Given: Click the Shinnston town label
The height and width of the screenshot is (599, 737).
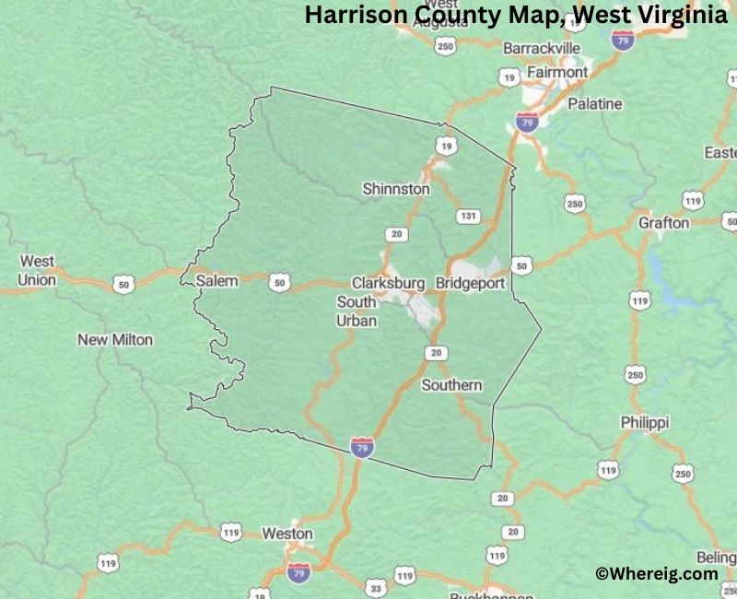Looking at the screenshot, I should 396,189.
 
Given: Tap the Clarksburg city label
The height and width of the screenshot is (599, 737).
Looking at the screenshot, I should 388,283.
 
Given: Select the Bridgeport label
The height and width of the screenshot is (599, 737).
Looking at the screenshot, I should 470,283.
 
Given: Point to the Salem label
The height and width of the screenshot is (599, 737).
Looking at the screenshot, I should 216,280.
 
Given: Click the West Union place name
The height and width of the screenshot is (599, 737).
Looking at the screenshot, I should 37,271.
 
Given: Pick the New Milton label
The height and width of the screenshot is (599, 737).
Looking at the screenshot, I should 115,340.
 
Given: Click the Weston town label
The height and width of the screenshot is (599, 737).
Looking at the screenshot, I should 287,534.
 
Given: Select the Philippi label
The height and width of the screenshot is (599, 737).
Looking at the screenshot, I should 645,422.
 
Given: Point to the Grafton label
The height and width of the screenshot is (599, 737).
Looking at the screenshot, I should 664,223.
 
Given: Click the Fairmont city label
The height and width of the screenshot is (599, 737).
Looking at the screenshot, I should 557,72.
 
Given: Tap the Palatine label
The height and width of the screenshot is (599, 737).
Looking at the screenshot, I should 594,104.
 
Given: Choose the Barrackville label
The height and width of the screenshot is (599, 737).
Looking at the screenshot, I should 542,48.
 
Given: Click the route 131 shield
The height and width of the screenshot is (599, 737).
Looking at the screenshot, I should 468,216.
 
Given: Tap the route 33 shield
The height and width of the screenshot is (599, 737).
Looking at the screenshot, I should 374,587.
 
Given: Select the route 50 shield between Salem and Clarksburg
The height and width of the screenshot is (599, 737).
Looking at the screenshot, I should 279,283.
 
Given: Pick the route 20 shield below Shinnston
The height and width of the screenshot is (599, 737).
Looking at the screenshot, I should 397,234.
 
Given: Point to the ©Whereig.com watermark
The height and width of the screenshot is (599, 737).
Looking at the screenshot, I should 657,573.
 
